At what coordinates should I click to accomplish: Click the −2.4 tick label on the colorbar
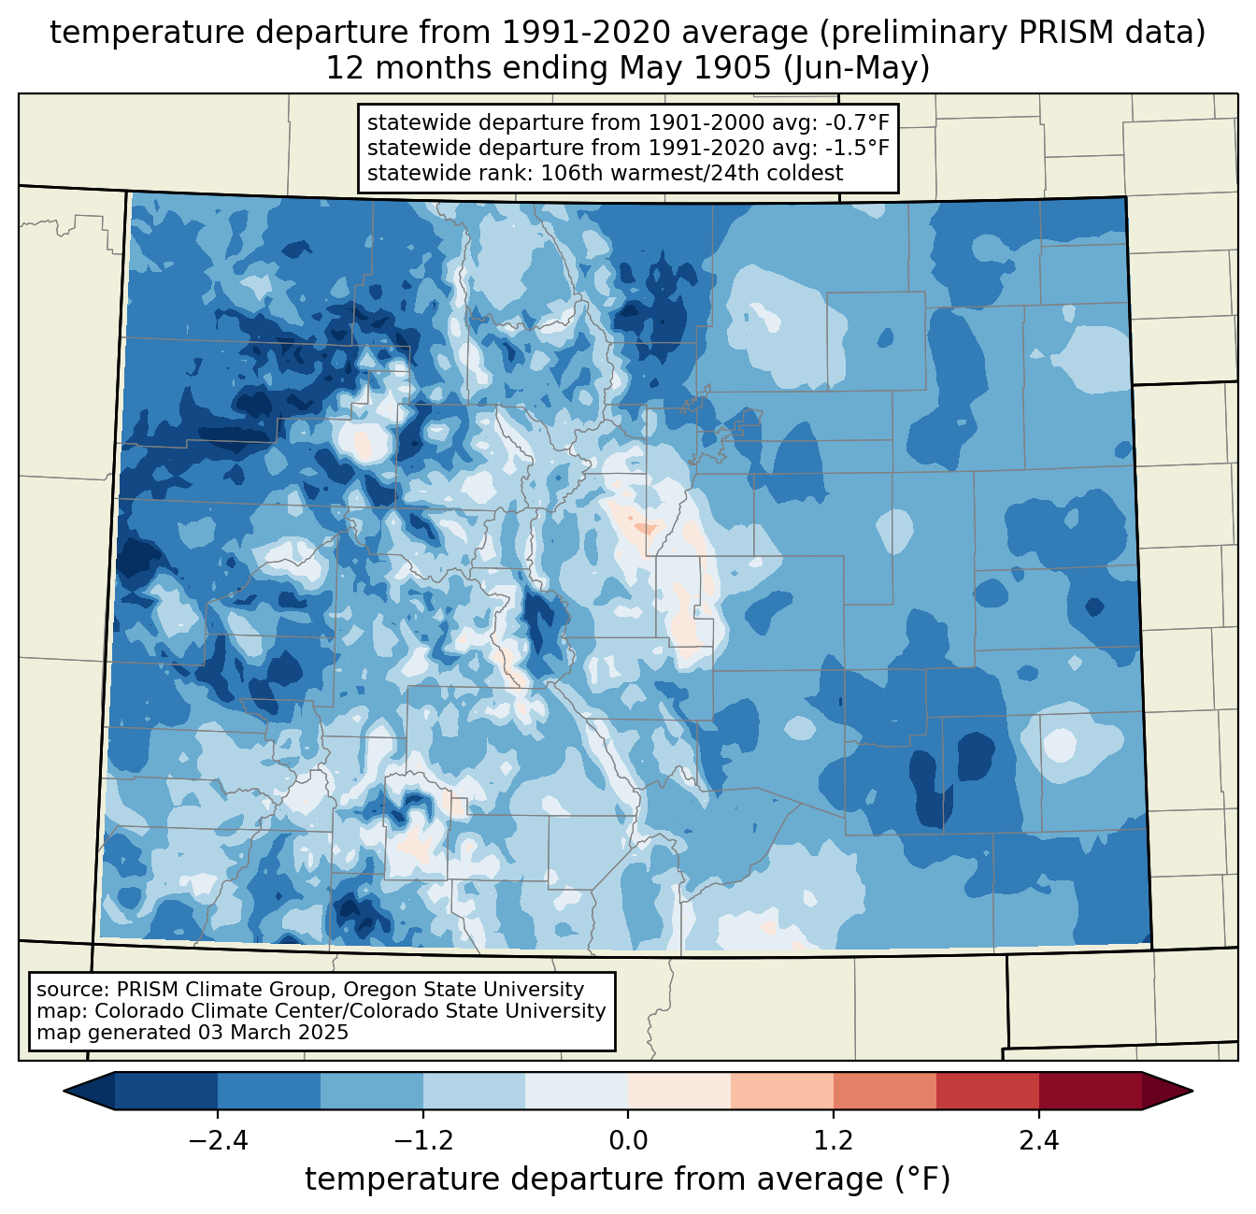[x=218, y=1141]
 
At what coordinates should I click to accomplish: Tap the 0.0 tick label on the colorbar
[x=628, y=1141]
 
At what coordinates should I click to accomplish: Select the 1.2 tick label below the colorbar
[x=834, y=1141]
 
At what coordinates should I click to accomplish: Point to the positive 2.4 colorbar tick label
[x=1039, y=1141]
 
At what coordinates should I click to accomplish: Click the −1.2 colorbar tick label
[x=423, y=1141]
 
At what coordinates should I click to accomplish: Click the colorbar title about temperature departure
[x=627, y=1178]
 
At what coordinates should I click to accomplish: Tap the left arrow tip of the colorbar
[x=64, y=1092]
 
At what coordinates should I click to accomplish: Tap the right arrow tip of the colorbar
[x=1192, y=1092]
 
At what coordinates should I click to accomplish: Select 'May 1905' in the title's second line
[x=695, y=68]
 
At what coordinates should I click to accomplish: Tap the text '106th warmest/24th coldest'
[x=692, y=173]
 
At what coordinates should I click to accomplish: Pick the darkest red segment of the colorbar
[x=1091, y=1092]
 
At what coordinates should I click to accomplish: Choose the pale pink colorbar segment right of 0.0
[x=679, y=1092]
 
